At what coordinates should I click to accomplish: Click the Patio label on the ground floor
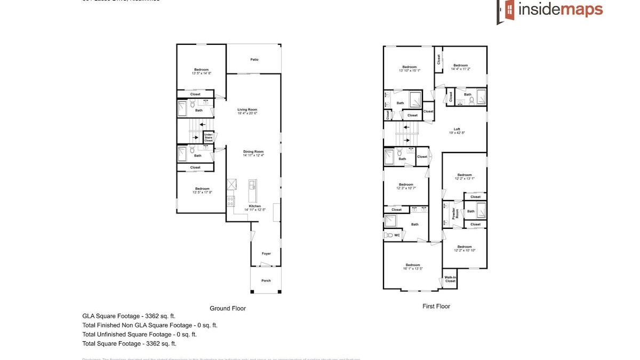(x=254, y=59)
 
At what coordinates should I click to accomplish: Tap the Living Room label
(x=247, y=109)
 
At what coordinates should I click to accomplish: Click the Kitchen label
(x=255, y=206)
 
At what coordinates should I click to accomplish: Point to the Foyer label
(x=266, y=253)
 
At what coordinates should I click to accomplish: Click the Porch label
(x=266, y=281)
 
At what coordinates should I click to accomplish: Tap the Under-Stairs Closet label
(x=208, y=138)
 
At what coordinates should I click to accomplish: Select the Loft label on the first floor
(x=457, y=129)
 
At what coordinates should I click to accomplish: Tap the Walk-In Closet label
(x=450, y=279)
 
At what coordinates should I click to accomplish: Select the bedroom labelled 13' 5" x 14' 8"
(x=201, y=71)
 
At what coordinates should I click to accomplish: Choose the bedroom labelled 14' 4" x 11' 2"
(x=460, y=67)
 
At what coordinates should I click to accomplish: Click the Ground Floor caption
(x=227, y=308)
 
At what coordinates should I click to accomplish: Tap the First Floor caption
(x=436, y=306)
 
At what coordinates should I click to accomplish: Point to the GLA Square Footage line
(x=129, y=316)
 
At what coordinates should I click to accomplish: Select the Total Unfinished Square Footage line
(x=140, y=334)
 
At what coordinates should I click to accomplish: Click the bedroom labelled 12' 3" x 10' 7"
(x=406, y=186)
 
